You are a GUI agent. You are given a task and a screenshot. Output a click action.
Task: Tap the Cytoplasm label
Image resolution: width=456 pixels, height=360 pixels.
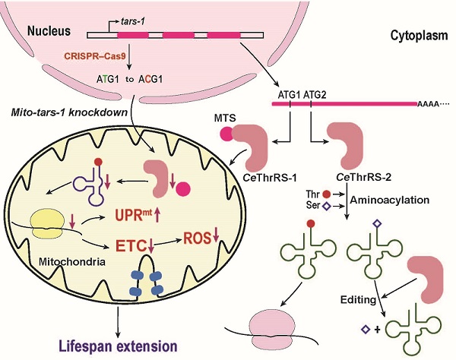click(415, 36)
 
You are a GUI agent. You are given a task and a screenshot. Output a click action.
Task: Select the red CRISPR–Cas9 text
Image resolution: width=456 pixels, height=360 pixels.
click(90, 58)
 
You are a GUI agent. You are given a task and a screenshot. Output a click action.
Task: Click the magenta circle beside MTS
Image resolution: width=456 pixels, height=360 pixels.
click(226, 135)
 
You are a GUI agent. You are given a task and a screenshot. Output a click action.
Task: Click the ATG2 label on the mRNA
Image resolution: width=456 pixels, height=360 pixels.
click(315, 94)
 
